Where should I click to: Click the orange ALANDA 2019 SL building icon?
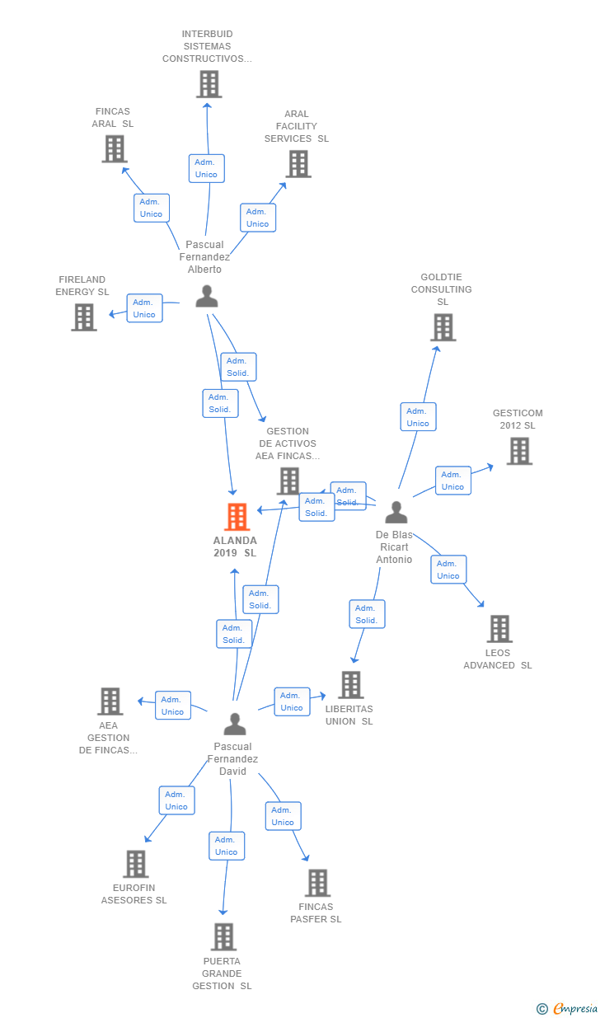click(237, 517)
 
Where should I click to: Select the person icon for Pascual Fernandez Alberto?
click(207, 296)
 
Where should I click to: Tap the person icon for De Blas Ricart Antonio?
click(396, 513)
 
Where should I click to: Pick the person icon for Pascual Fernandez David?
click(235, 725)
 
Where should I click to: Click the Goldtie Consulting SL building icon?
click(443, 327)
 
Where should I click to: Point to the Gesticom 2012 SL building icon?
click(519, 451)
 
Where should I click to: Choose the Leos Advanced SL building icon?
click(499, 629)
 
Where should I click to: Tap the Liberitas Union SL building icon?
click(351, 684)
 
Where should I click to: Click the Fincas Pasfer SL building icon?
click(317, 883)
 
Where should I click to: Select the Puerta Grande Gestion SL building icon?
click(223, 936)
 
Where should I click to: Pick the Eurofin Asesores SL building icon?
click(135, 864)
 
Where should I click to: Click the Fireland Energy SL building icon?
click(84, 317)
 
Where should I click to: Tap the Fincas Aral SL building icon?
click(114, 149)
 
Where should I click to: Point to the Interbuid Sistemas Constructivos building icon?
click(209, 84)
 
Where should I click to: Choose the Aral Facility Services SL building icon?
click(298, 163)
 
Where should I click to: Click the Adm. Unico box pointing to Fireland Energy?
click(144, 308)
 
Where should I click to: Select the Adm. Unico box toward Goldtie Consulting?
click(418, 417)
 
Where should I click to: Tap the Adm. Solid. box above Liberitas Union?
click(367, 614)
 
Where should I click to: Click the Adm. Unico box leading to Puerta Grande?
click(227, 846)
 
